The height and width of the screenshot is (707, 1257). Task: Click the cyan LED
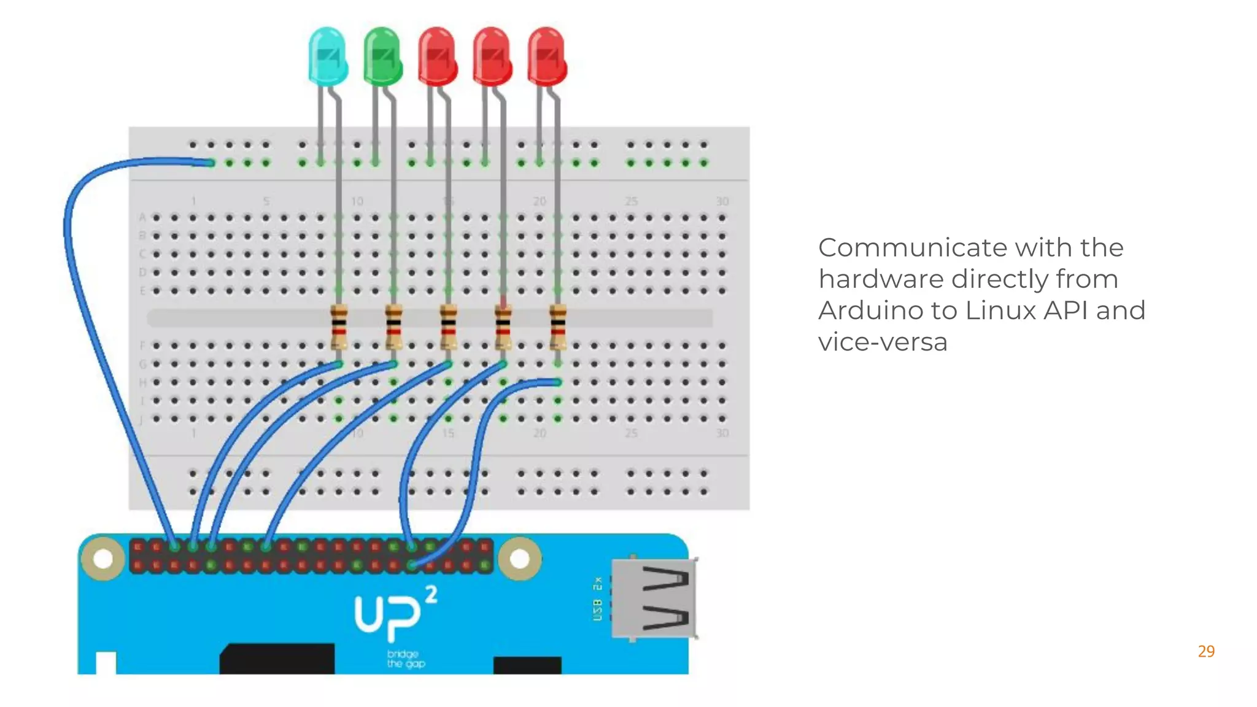(328, 56)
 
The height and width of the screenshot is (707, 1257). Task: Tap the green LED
(382, 56)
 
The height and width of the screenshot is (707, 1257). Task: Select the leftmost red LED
(437, 56)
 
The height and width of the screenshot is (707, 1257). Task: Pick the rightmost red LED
(547, 56)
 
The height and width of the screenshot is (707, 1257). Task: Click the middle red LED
(492, 56)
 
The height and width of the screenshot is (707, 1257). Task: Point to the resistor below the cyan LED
(339, 326)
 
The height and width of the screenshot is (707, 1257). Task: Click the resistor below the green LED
(394, 326)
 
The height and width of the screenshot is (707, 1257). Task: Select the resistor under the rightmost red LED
(558, 326)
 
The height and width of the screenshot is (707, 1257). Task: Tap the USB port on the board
(655, 598)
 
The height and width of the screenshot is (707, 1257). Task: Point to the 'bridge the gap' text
(405, 659)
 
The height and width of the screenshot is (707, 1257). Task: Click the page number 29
(1206, 651)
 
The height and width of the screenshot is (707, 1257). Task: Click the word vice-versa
(883, 342)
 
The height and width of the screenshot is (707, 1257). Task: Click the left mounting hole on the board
(103, 558)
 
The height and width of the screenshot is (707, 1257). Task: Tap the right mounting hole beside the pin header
(519, 558)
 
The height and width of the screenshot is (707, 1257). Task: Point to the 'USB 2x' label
(598, 598)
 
